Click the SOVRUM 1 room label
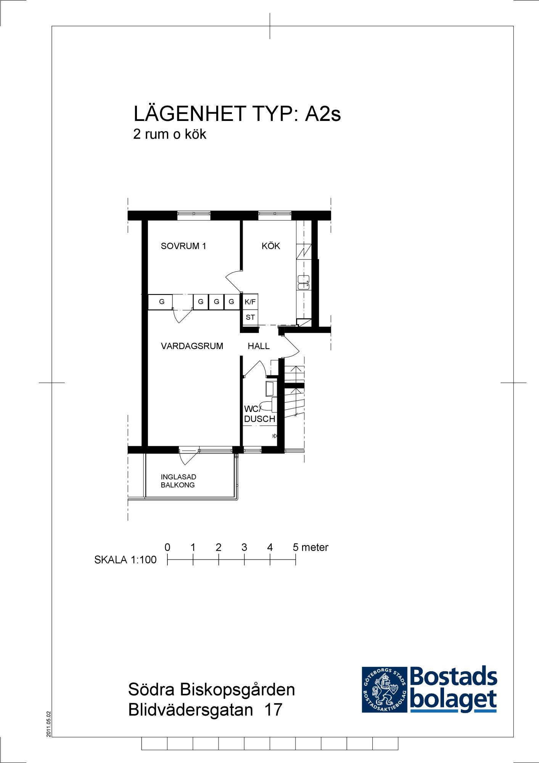point(183,246)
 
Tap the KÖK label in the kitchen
point(271,246)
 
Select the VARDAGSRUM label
point(192,346)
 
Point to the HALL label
point(259,346)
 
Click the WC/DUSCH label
point(259,414)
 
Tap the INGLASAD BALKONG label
point(178,481)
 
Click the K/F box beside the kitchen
point(250,302)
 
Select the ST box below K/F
point(250,317)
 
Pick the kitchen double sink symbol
point(304,282)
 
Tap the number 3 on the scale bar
point(244,547)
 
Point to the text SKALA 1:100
point(125,560)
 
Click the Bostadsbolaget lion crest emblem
point(384,690)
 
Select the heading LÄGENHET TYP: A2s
point(237,113)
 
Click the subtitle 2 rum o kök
point(170,134)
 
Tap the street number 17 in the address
point(273,710)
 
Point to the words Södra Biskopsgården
point(212,690)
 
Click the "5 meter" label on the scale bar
point(311,547)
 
